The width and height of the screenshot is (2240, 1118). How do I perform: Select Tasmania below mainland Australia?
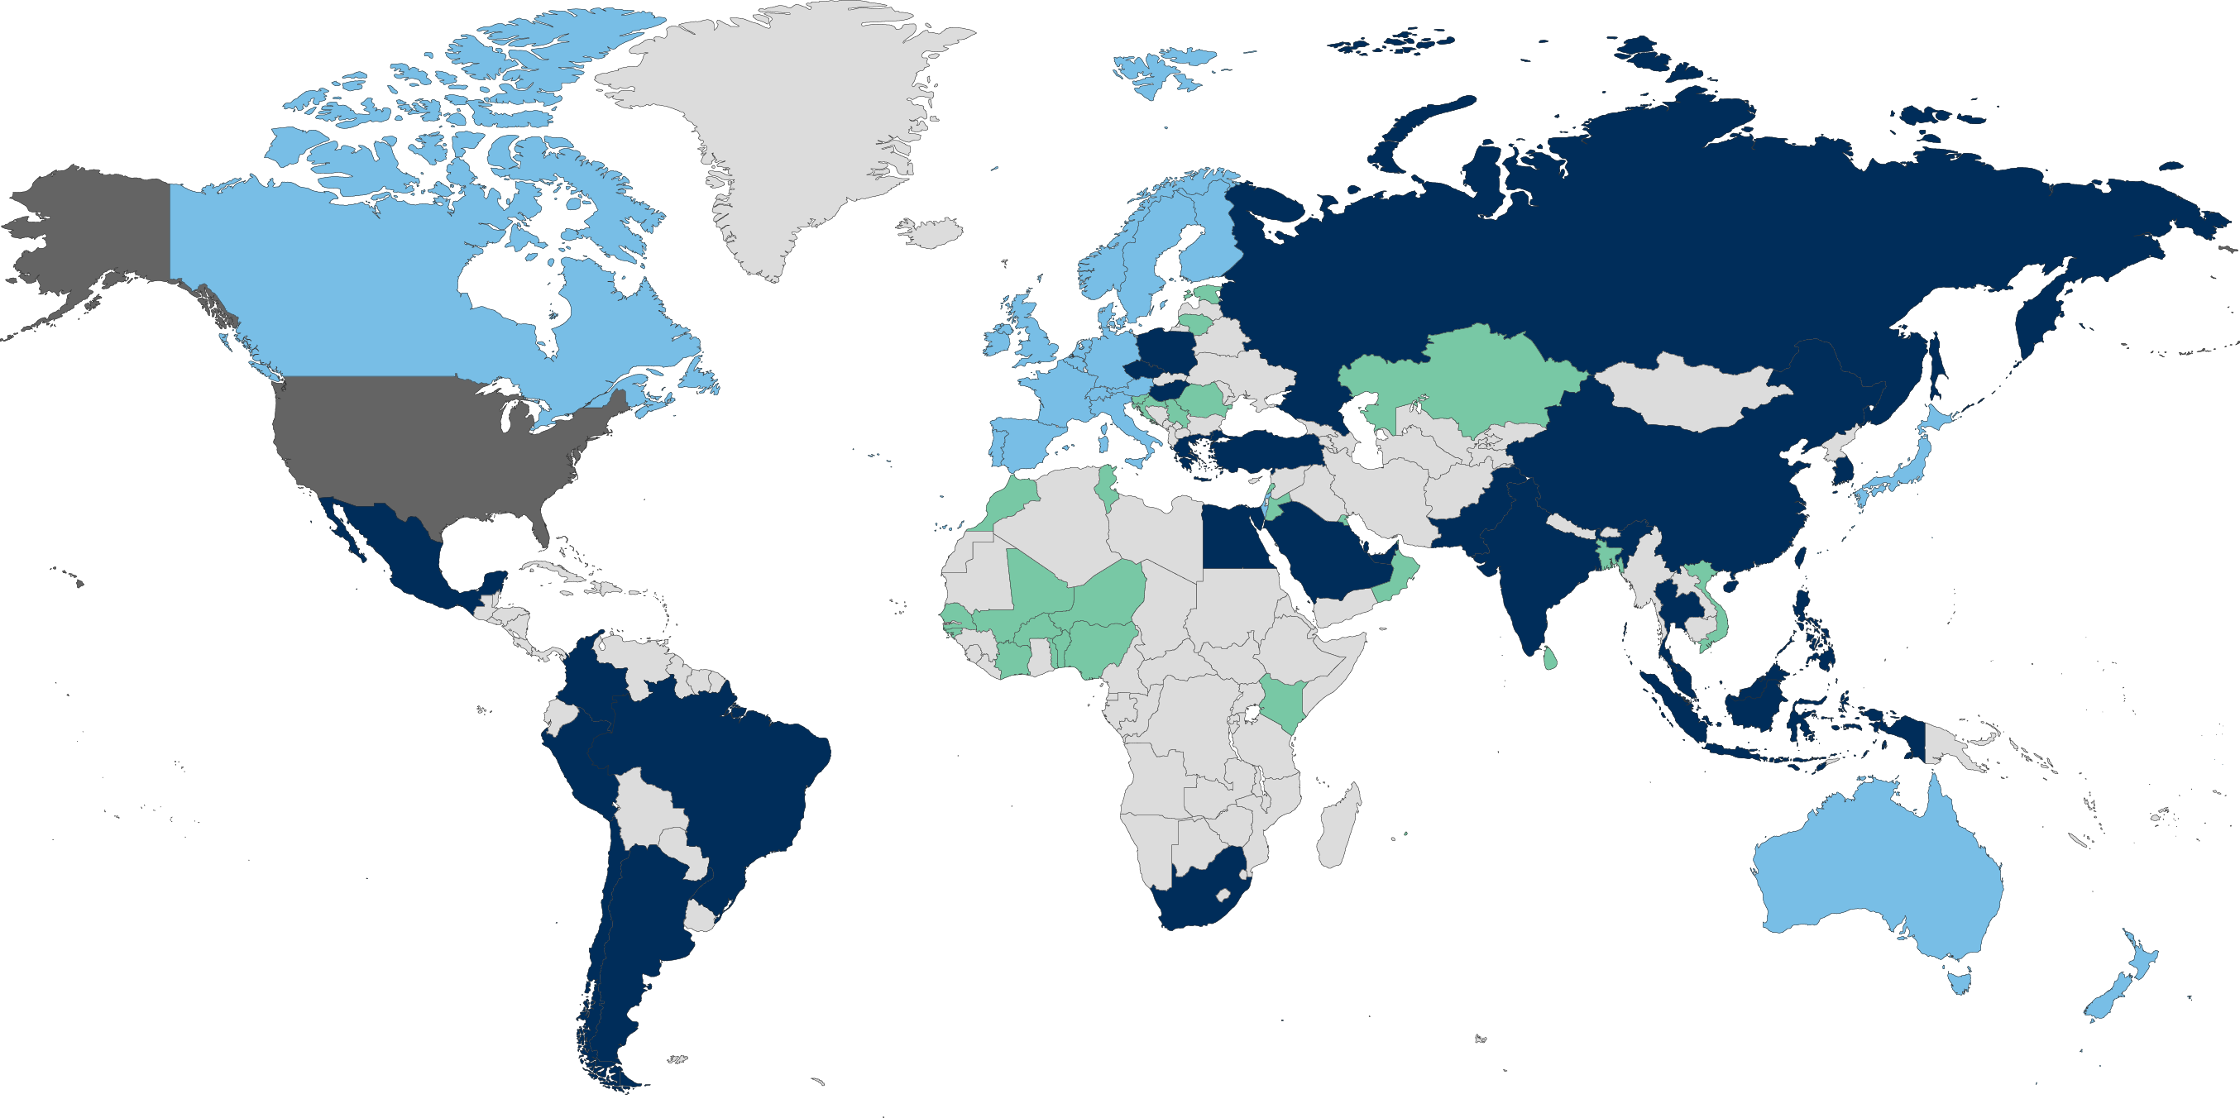[1960, 982]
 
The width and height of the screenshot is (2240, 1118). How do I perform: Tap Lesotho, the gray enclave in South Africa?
[1224, 894]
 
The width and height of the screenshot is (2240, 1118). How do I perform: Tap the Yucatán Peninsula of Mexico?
[491, 584]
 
